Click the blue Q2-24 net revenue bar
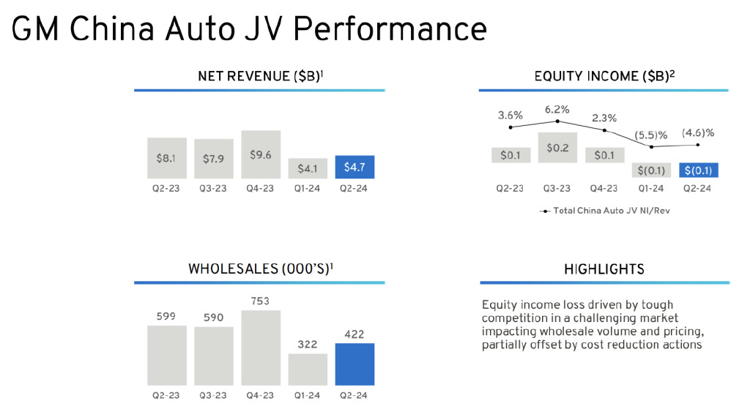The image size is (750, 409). pos(354,167)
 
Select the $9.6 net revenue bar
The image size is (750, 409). pos(261,154)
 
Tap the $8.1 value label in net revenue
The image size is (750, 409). pos(166,157)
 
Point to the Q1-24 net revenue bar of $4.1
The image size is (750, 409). pos(308,168)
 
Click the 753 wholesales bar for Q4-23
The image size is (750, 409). pos(261,348)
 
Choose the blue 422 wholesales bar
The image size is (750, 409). pos(354,364)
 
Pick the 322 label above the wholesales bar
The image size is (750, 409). pos(308,344)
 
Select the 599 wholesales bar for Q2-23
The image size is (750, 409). pos(167,355)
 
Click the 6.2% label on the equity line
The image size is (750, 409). pos(557,110)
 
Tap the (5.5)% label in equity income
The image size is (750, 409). pos(652,135)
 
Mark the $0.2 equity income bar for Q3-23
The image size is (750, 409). pos(557,147)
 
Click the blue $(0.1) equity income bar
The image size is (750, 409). pos(698,170)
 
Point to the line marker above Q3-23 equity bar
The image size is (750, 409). pos(557,121)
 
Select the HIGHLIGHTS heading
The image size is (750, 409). pos(604,269)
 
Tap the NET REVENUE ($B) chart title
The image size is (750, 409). pos(260,76)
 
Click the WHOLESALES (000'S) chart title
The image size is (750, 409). pos(260,269)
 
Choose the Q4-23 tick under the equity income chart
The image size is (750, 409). pos(604,188)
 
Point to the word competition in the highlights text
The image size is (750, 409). pos(513,318)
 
